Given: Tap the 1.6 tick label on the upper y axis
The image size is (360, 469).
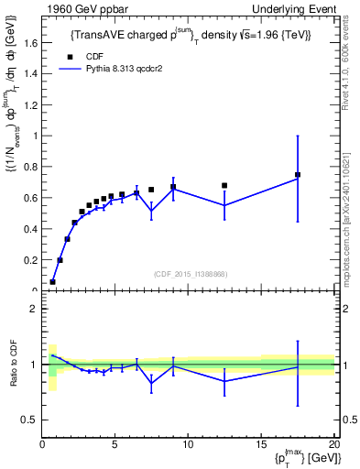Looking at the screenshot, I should click(31, 43).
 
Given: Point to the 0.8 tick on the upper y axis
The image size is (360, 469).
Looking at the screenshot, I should click(31, 167).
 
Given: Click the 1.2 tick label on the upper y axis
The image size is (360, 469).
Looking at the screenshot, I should click(31, 104).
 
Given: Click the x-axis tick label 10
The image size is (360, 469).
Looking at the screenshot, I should click(187, 445).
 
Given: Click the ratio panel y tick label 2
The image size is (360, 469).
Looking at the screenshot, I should click(35, 309).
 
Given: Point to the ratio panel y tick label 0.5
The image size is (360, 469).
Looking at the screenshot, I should click(30, 420).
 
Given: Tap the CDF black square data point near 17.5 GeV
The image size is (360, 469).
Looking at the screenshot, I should click(297, 175).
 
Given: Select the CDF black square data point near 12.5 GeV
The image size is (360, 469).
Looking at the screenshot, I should click(224, 186).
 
